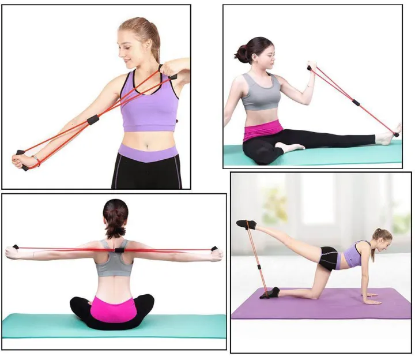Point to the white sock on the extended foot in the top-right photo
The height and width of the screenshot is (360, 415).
pyautogui.click(x=386, y=137)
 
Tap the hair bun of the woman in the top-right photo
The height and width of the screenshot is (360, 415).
pyautogui.click(x=240, y=54)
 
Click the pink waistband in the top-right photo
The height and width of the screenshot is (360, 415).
pyautogui.click(x=263, y=132)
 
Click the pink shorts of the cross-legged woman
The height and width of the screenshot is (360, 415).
pyautogui.click(x=113, y=308)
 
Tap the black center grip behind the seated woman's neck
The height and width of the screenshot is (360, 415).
pyautogui.click(x=118, y=250)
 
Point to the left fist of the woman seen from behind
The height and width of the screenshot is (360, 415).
pyautogui.click(x=12, y=252)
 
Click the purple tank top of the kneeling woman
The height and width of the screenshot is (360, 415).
pyautogui.click(x=353, y=256)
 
